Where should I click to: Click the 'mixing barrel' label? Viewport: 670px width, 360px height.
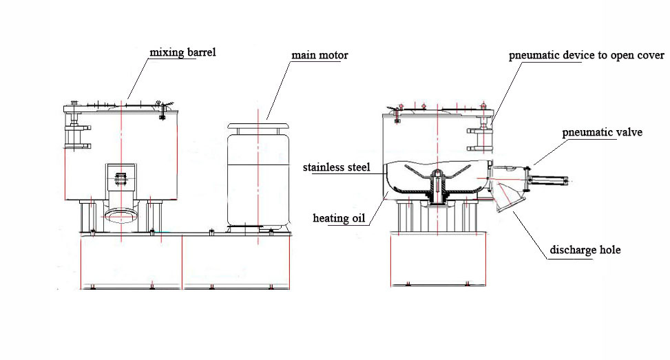pos(183,53)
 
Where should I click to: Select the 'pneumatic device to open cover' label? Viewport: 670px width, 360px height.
pos(586,56)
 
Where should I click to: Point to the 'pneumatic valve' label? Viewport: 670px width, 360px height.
pos(602,131)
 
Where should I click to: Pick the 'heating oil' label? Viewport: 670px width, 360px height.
pos(338,218)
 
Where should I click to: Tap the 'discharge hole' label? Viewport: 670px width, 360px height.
pos(585,250)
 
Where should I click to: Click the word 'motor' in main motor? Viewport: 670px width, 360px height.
pos(333,55)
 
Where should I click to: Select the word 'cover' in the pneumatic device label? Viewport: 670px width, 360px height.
pos(650,56)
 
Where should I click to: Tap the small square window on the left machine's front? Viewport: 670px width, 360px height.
pos(122,179)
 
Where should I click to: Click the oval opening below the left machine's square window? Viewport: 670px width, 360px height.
pos(122,217)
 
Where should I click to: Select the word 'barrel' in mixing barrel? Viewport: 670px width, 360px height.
pos(200,53)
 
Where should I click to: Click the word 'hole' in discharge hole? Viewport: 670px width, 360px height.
pos(609,250)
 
